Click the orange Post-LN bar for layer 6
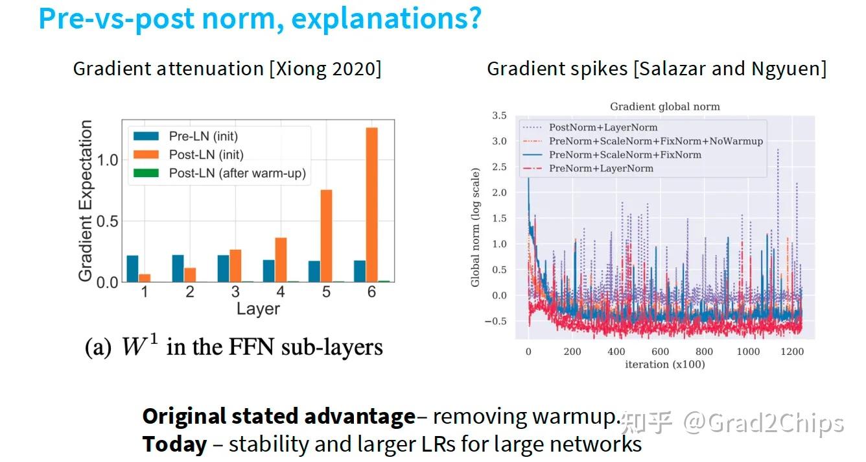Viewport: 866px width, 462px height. click(371, 204)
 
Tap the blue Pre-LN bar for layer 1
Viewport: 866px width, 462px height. click(133, 269)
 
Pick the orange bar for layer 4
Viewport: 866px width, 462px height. click(280, 260)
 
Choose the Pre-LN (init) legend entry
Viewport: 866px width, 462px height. click(199, 137)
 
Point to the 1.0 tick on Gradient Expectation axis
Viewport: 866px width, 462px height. click(110, 160)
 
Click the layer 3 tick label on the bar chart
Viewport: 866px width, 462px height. click(235, 292)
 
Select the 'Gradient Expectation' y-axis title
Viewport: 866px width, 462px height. click(86, 201)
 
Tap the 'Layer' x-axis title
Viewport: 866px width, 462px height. click(258, 309)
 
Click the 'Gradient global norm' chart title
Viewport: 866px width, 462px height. click(664, 106)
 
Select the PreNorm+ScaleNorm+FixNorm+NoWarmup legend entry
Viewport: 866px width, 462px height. click(655, 141)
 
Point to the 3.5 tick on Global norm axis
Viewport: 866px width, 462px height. click(498, 115)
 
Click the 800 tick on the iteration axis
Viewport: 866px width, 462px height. click(703, 352)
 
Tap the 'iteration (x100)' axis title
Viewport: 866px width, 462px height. click(664, 364)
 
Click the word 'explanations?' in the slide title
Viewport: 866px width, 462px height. click(386, 19)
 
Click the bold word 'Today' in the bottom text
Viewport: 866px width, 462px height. click(174, 444)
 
